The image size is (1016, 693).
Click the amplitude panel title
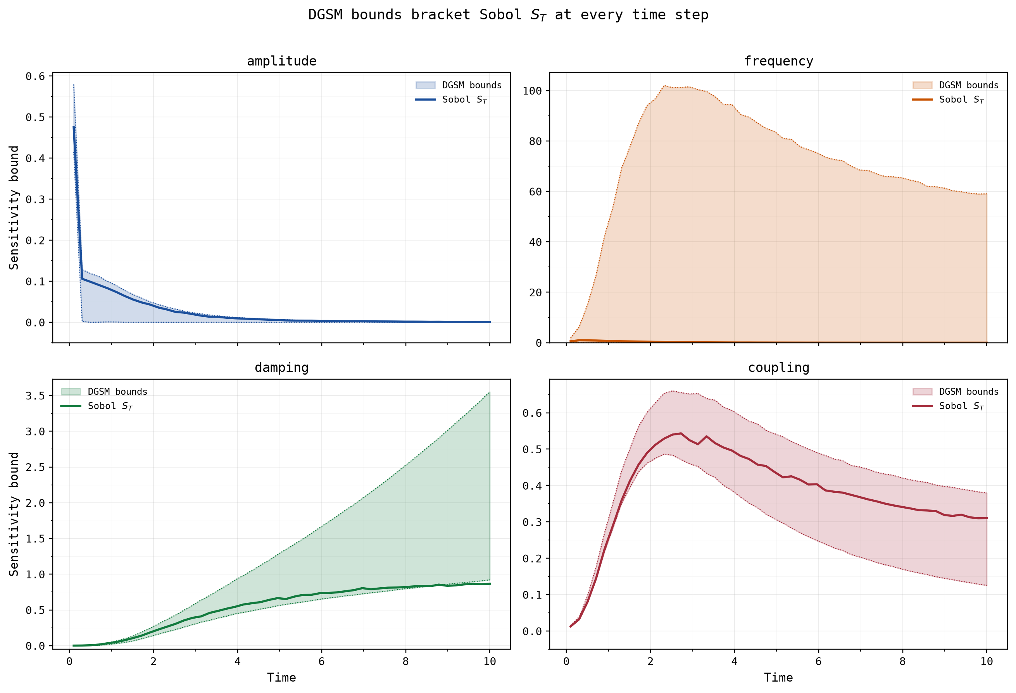click(x=281, y=61)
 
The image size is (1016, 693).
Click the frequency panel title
click(x=779, y=61)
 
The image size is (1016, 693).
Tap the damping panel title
click(x=281, y=368)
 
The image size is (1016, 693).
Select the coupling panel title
click(x=779, y=368)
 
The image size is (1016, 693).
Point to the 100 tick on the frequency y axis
click(x=532, y=91)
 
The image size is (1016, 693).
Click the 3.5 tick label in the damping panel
click(x=35, y=396)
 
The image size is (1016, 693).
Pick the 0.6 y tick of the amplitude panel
click(x=35, y=76)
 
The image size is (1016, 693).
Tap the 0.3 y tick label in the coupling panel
click(x=532, y=522)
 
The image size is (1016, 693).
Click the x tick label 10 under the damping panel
click(x=490, y=662)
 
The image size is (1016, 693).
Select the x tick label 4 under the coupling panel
click(x=735, y=662)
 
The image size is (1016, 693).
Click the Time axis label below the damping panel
click(x=281, y=678)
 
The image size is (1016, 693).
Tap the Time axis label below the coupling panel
click(x=779, y=678)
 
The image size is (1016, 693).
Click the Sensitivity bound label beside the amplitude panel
click(x=14, y=208)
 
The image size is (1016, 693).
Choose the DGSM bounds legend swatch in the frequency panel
click(x=923, y=85)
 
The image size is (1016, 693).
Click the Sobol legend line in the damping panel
click(x=71, y=406)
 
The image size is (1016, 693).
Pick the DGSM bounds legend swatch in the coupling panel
click(x=923, y=392)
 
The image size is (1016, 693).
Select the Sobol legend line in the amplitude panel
click(x=425, y=100)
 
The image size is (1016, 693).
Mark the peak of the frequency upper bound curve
click(x=664, y=86)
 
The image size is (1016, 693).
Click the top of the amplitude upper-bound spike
click(x=73, y=84)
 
